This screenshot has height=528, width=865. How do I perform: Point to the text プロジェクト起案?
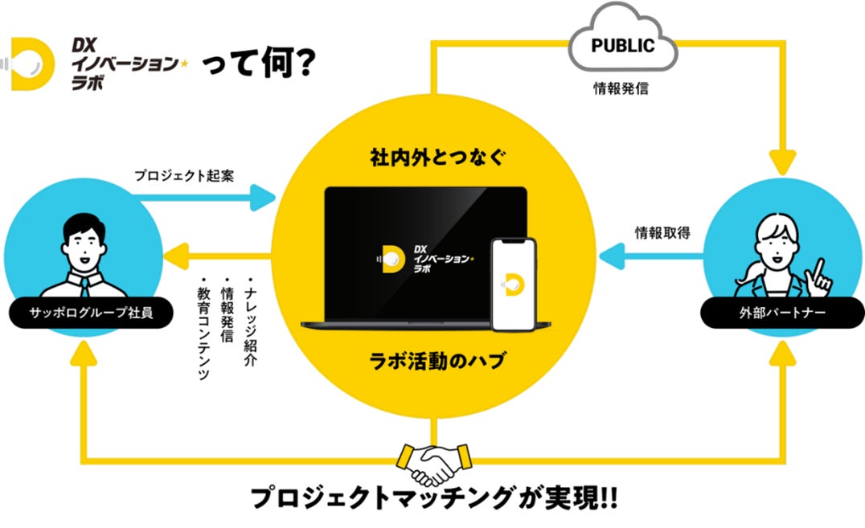coord(183,174)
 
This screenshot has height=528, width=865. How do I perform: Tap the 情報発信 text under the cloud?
coord(621,88)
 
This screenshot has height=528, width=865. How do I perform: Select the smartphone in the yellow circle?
coord(514,284)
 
